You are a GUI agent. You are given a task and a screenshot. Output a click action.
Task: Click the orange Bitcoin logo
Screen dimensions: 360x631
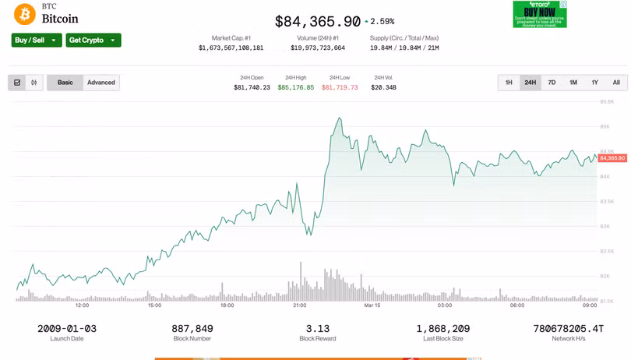pyautogui.click(x=24, y=14)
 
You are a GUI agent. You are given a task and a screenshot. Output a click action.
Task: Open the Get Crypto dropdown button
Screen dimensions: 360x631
pyautogui.click(x=93, y=41)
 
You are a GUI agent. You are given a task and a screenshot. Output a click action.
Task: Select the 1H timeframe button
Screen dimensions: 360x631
pyautogui.click(x=509, y=83)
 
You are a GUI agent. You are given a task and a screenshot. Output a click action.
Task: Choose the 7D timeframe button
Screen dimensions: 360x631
pyautogui.click(x=552, y=83)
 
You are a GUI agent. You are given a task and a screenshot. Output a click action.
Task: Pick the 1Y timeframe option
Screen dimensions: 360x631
pyautogui.click(x=594, y=83)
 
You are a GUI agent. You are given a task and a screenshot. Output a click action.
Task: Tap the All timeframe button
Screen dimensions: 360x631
pyautogui.click(x=616, y=83)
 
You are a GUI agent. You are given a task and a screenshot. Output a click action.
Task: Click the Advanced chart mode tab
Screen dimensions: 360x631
pyautogui.click(x=101, y=83)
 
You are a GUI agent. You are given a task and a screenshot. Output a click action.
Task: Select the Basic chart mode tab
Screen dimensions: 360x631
pyautogui.click(x=65, y=83)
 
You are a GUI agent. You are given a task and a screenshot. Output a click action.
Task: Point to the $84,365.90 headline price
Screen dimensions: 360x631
pyautogui.click(x=318, y=22)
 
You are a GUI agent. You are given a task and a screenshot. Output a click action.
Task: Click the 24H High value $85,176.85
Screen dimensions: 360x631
pyautogui.click(x=296, y=87)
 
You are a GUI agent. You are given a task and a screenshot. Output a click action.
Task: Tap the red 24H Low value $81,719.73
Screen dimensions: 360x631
pyautogui.click(x=340, y=87)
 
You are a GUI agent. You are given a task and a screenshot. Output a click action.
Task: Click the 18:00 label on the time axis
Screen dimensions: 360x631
pyautogui.click(x=227, y=305)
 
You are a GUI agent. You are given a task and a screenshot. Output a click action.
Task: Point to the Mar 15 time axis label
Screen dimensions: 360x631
pyautogui.click(x=372, y=305)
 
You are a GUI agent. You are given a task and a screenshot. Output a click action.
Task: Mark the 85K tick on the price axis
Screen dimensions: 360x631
pyautogui.click(x=605, y=126)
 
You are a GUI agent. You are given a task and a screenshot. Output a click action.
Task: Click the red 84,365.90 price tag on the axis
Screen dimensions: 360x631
pyautogui.click(x=612, y=158)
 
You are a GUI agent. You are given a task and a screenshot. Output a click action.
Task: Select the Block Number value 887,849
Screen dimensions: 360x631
pyautogui.click(x=192, y=329)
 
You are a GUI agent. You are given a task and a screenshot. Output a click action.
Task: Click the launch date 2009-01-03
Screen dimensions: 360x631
pyautogui.click(x=67, y=329)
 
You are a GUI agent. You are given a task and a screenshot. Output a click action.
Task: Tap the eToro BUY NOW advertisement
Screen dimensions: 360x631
pyautogui.click(x=539, y=14)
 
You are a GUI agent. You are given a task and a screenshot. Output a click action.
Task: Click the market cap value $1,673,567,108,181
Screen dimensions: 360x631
pyautogui.click(x=231, y=48)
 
